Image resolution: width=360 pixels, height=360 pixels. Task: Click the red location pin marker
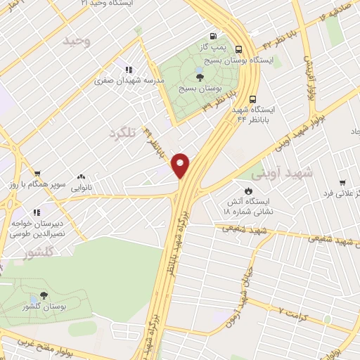(181, 165)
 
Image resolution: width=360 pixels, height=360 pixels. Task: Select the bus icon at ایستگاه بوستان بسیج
(239, 49)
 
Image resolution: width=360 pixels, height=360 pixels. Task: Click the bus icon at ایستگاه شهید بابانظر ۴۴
(253, 99)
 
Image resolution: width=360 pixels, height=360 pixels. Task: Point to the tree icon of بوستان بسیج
(200, 77)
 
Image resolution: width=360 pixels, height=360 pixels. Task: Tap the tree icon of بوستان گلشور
(44, 296)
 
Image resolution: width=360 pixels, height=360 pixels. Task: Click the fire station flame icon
(248, 190)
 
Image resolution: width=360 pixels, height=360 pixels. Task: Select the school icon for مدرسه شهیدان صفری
(128, 70)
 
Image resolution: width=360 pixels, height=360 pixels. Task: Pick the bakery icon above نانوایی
(82, 177)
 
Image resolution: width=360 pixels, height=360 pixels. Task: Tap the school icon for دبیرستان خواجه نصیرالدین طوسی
(36, 212)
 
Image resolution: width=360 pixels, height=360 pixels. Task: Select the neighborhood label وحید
(77, 41)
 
